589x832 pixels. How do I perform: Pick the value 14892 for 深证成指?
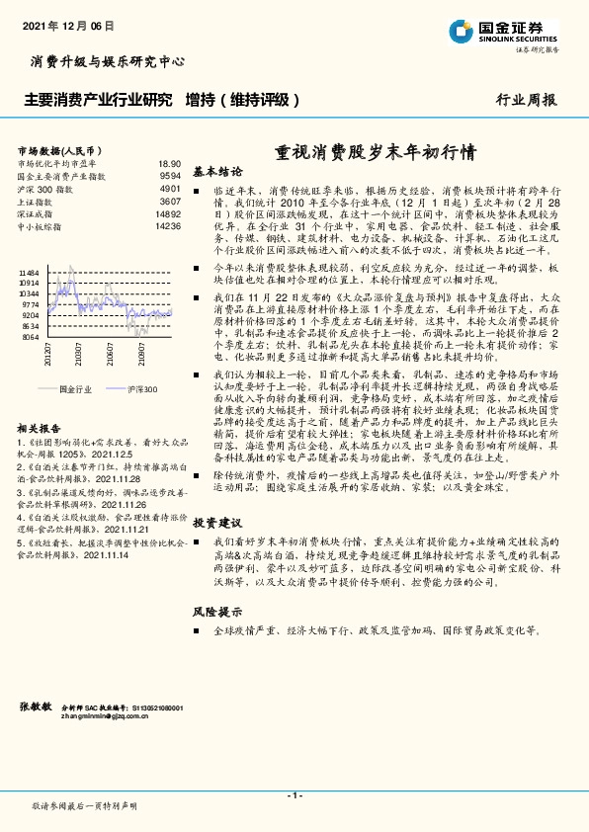168,213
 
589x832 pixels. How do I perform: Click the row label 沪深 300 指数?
45,188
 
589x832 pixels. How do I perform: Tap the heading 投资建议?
217,521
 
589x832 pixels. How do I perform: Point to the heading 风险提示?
217,611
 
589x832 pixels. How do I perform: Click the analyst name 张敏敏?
36,707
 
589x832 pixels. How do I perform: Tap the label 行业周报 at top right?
526,100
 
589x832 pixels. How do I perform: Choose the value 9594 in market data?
170,176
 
